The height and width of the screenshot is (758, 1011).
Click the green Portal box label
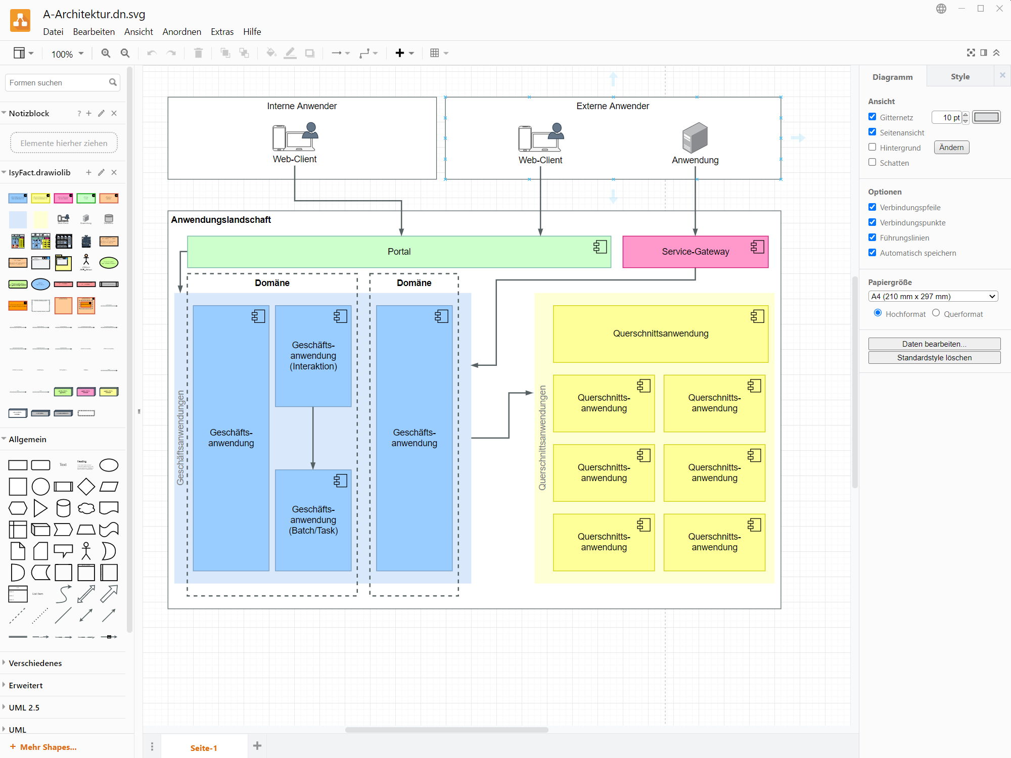[399, 252]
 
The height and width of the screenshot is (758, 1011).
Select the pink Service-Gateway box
[695, 252]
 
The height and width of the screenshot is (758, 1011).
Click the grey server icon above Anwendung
[695, 137]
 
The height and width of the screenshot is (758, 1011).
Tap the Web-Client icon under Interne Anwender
[295, 137]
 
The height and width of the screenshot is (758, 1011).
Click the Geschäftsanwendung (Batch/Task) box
[313, 520]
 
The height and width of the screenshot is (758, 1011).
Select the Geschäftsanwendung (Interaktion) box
[313, 356]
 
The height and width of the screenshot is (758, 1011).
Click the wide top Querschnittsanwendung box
[660, 334]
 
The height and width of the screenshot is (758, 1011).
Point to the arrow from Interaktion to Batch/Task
[313, 438]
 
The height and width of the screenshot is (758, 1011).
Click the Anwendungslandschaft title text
[221, 220]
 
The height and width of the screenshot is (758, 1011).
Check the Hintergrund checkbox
[872, 147]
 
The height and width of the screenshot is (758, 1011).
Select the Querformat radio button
[936, 313]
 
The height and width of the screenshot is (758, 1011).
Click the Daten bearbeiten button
[934, 344]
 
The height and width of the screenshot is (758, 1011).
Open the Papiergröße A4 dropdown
[933, 297]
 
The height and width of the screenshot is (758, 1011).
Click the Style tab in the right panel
[959, 77]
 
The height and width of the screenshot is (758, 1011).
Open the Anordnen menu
[181, 32]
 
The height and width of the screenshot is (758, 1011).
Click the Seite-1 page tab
[203, 748]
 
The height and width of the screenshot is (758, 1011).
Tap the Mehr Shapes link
[48, 747]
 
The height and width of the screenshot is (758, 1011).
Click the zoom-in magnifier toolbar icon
[106, 53]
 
